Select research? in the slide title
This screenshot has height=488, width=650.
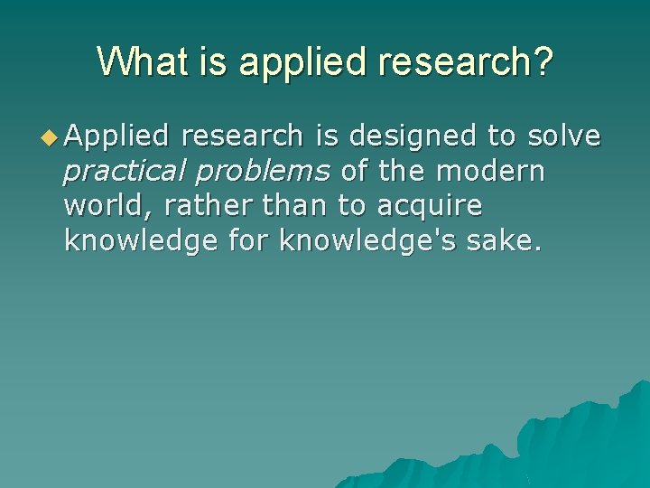pyautogui.click(x=460, y=62)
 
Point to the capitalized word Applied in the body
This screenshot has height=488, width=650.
pyautogui.click(x=116, y=136)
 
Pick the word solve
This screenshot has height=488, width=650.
pyautogui.click(x=564, y=136)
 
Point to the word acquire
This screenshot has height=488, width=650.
pyautogui.click(x=430, y=207)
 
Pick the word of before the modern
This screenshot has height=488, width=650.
pyautogui.click(x=355, y=171)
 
